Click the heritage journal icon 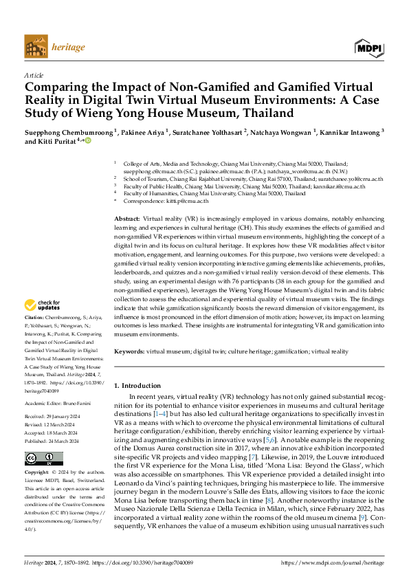click(x=36, y=47)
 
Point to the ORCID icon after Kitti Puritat click(x=87, y=140)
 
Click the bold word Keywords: click(x=129, y=351)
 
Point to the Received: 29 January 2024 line click(x=58, y=416)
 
